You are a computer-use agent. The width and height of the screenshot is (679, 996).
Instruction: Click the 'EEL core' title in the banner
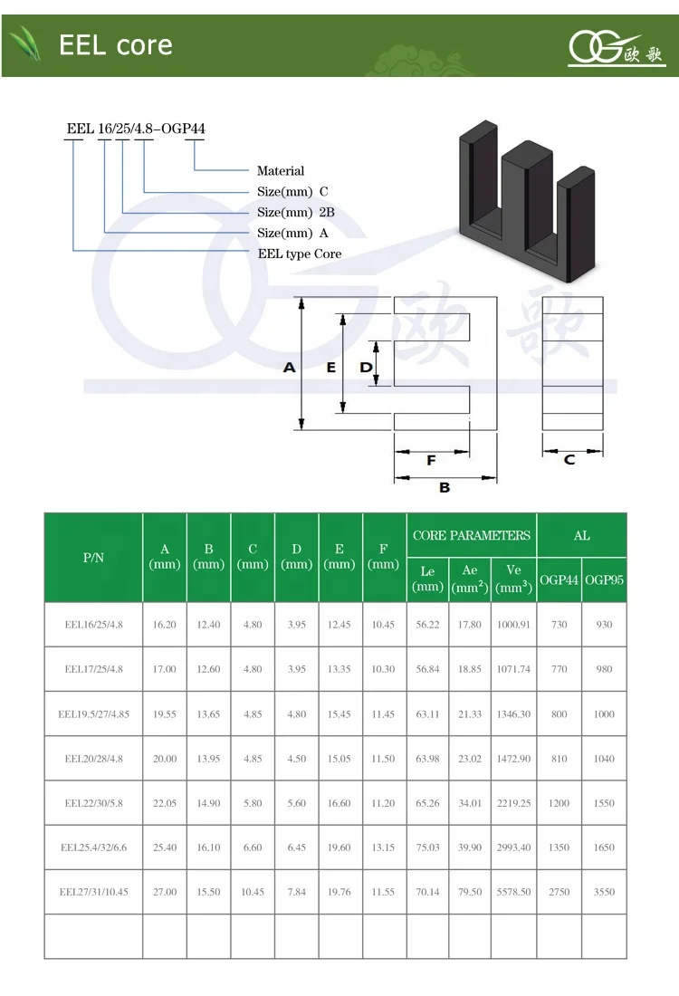(x=115, y=44)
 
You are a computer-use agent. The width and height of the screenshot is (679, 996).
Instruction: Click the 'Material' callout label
(x=281, y=171)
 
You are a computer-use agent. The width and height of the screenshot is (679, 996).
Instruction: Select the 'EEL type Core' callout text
(x=300, y=254)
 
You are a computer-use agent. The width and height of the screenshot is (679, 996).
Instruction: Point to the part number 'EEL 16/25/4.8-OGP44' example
(x=136, y=129)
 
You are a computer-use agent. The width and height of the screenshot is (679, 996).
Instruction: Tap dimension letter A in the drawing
(x=290, y=368)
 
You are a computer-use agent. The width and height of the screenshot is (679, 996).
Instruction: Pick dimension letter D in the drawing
(x=366, y=368)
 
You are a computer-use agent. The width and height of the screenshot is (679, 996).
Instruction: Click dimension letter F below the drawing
(x=431, y=460)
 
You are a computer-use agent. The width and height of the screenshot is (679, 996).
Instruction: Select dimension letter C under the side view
(x=569, y=460)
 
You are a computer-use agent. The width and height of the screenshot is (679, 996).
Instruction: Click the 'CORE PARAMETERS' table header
(x=472, y=535)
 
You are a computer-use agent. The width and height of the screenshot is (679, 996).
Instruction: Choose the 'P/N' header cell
(x=94, y=558)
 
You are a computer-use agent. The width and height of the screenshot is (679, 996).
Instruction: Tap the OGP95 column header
(x=604, y=579)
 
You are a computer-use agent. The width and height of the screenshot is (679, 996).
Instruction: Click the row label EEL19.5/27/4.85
(x=94, y=714)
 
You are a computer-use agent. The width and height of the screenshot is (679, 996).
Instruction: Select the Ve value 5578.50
(x=513, y=892)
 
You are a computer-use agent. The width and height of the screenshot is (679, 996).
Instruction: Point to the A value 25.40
(x=165, y=848)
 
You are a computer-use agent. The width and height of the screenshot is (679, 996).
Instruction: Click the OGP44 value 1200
(x=559, y=803)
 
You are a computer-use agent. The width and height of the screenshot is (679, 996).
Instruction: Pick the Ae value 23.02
(x=470, y=759)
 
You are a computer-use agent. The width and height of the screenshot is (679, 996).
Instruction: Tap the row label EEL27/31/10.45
(x=94, y=892)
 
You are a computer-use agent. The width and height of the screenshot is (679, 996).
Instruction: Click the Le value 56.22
(x=427, y=625)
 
